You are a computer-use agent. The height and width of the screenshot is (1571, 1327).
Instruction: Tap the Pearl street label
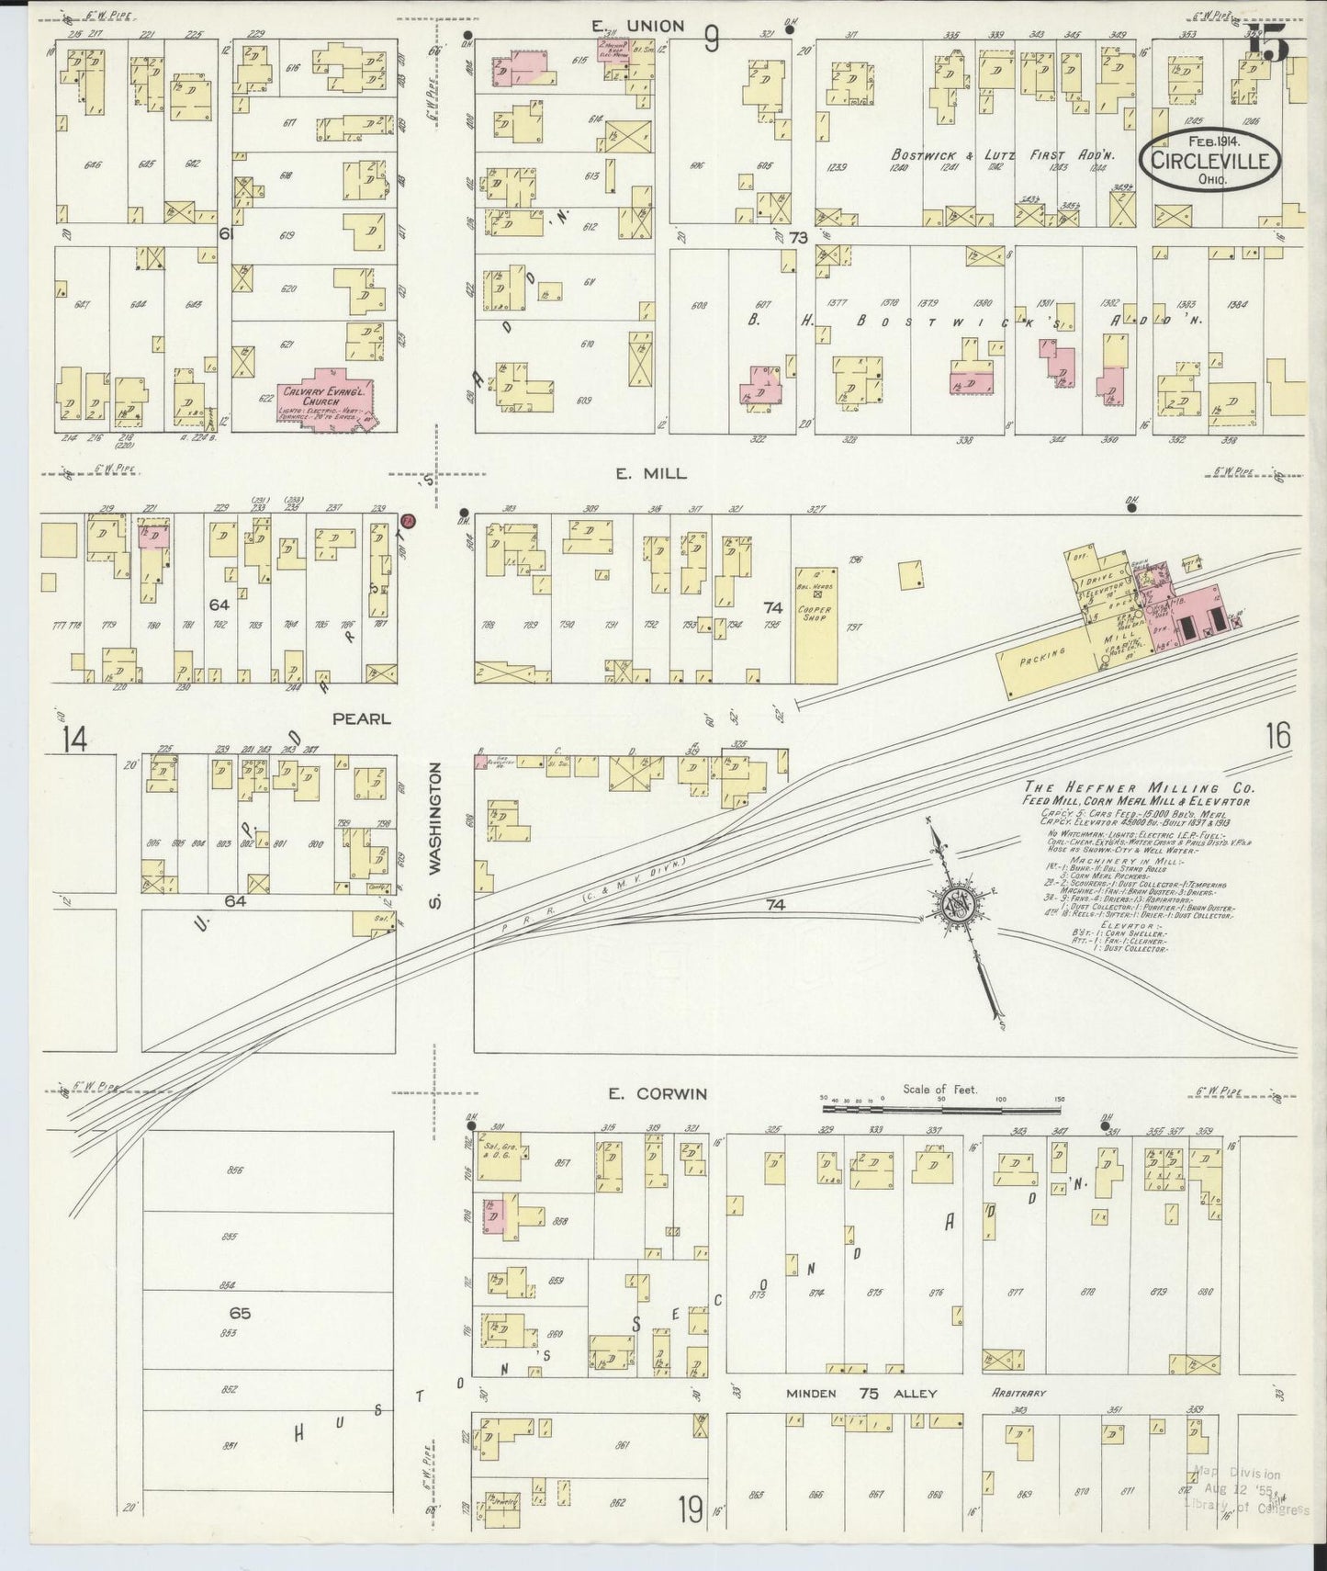click(x=362, y=719)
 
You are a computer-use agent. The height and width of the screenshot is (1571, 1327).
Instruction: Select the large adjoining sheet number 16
click(x=1276, y=736)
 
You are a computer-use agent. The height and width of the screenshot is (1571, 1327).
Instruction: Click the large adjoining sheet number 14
click(x=75, y=739)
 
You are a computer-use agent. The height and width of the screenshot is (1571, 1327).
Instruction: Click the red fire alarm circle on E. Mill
click(x=410, y=522)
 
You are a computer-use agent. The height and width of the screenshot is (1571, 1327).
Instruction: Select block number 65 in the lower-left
click(x=241, y=1314)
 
